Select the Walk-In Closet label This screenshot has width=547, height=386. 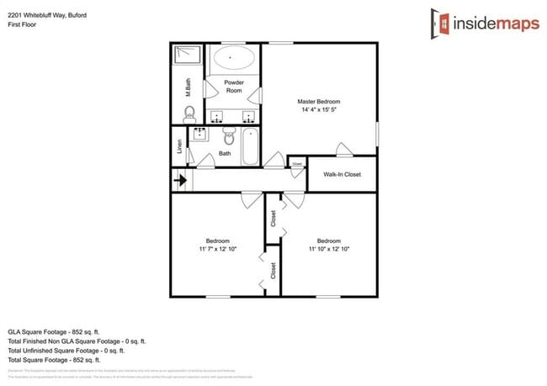[x=342, y=174]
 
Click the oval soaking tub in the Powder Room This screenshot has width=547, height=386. [x=233, y=59]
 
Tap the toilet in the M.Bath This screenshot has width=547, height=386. [x=189, y=114]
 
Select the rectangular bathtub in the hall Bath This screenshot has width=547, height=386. [x=251, y=146]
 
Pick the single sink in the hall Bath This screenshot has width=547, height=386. [x=201, y=135]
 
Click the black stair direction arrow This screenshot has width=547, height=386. [x=180, y=179]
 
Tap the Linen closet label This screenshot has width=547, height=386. [x=179, y=146]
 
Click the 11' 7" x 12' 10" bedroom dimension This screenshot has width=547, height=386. [x=218, y=249]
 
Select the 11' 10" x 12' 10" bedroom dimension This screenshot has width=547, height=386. [x=328, y=249]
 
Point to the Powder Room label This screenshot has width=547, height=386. [x=233, y=87]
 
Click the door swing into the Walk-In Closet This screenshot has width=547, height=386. [x=343, y=151]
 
